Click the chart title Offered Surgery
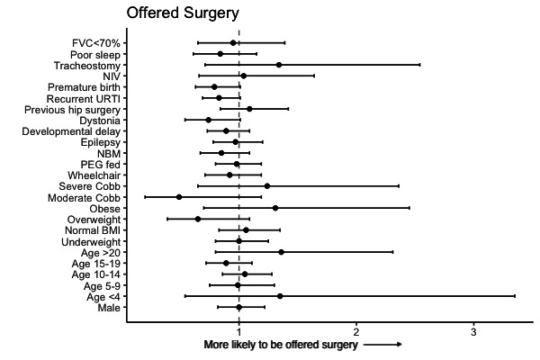coord(183,13)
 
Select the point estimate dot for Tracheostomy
coord(279,65)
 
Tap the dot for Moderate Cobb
coord(179,197)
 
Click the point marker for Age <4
coord(280,296)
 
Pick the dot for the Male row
coord(239,307)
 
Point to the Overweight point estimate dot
coord(198,219)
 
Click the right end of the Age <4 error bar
coord(515,296)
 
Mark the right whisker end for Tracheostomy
coord(419,65)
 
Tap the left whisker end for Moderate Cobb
coord(145,197)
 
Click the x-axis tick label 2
coord(356,332)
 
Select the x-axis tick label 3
coord(473,332)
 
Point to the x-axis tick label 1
coord(238,332)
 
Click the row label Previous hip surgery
coord(73,110)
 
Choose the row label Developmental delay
coord(71,131)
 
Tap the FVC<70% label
coord(96,43)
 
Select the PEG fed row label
coord(101,165)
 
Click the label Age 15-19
coord(96,264)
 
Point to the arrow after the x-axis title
coord(382,345)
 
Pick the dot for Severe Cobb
coord(267,186)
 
